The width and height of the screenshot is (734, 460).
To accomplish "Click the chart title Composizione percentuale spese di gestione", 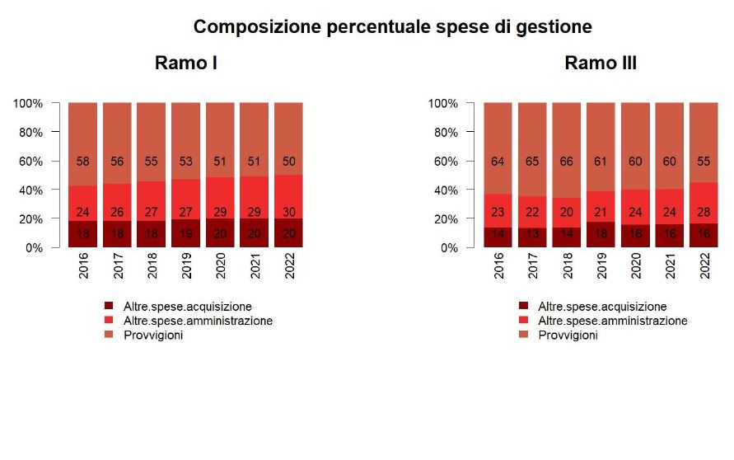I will pyautogui.click(x=392, y=26).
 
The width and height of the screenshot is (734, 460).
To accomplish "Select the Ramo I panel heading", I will pyautogui.click(x=185, y=63).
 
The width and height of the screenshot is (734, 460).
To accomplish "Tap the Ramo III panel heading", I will pyautogui.click(x=601, y=63).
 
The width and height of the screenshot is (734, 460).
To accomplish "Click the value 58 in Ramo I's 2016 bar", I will pyautogui.click(x=83, y=162).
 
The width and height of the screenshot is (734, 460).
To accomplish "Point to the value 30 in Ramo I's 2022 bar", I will pyautogui.click(x=288, y=212).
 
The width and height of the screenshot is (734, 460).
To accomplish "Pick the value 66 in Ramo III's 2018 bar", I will pyautogui.click(x=567, y=162).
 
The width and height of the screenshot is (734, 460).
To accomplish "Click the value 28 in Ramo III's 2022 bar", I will pyautogui.click(x=704, y=212).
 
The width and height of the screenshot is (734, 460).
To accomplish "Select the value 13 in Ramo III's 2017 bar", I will pyautogui.click(x=532, y=233).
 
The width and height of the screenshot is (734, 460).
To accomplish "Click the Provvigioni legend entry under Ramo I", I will pyautogui.click(x=152, y=335).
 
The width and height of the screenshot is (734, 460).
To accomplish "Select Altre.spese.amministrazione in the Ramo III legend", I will pyautogui.click(x=612, y=321).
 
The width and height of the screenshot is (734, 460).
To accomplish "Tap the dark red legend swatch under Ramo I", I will pyautogui.click(x=109, y=307).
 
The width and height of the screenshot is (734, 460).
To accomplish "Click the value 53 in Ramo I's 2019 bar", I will pyautogui.click(x=186, y=162).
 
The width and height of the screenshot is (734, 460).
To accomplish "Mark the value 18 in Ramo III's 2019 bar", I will pyautogui.click(x=601, y=233).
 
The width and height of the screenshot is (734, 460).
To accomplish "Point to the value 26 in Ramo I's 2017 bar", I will pyautogui.click(x=118, y=212).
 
